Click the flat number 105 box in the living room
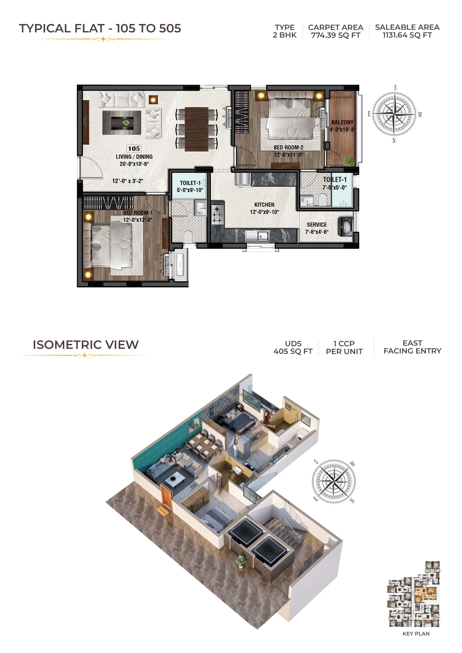[134, 149]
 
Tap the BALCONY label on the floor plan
[342, 122]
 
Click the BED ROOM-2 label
[288, 147]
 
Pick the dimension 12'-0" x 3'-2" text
[128, 181]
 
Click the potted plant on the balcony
[349, 161]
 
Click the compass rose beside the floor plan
[394, 114]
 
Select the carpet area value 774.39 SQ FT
[336, 35]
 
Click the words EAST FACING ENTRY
[412, 347]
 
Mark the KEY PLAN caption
[416, 634]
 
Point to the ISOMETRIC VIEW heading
[86, 345]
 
